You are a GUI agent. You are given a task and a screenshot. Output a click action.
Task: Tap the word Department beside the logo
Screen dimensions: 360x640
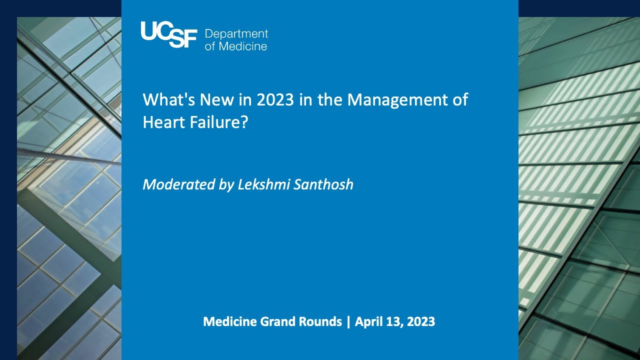click(236, 34)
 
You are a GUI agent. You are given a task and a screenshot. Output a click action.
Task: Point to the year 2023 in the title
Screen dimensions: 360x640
click(275, 99)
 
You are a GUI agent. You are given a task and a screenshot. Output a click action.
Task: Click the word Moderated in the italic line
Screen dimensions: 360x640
click(179, 184)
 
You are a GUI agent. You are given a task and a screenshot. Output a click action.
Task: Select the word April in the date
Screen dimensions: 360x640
click(369, 321)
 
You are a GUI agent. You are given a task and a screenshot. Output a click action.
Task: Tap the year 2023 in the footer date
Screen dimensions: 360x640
click(421, 321)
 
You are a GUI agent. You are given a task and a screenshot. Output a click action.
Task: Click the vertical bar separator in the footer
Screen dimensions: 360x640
click(348, 321)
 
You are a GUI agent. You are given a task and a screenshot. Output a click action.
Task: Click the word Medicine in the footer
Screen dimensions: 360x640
click(230, 321)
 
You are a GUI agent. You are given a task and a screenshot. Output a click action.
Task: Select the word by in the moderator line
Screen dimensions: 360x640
click(226, 184)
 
